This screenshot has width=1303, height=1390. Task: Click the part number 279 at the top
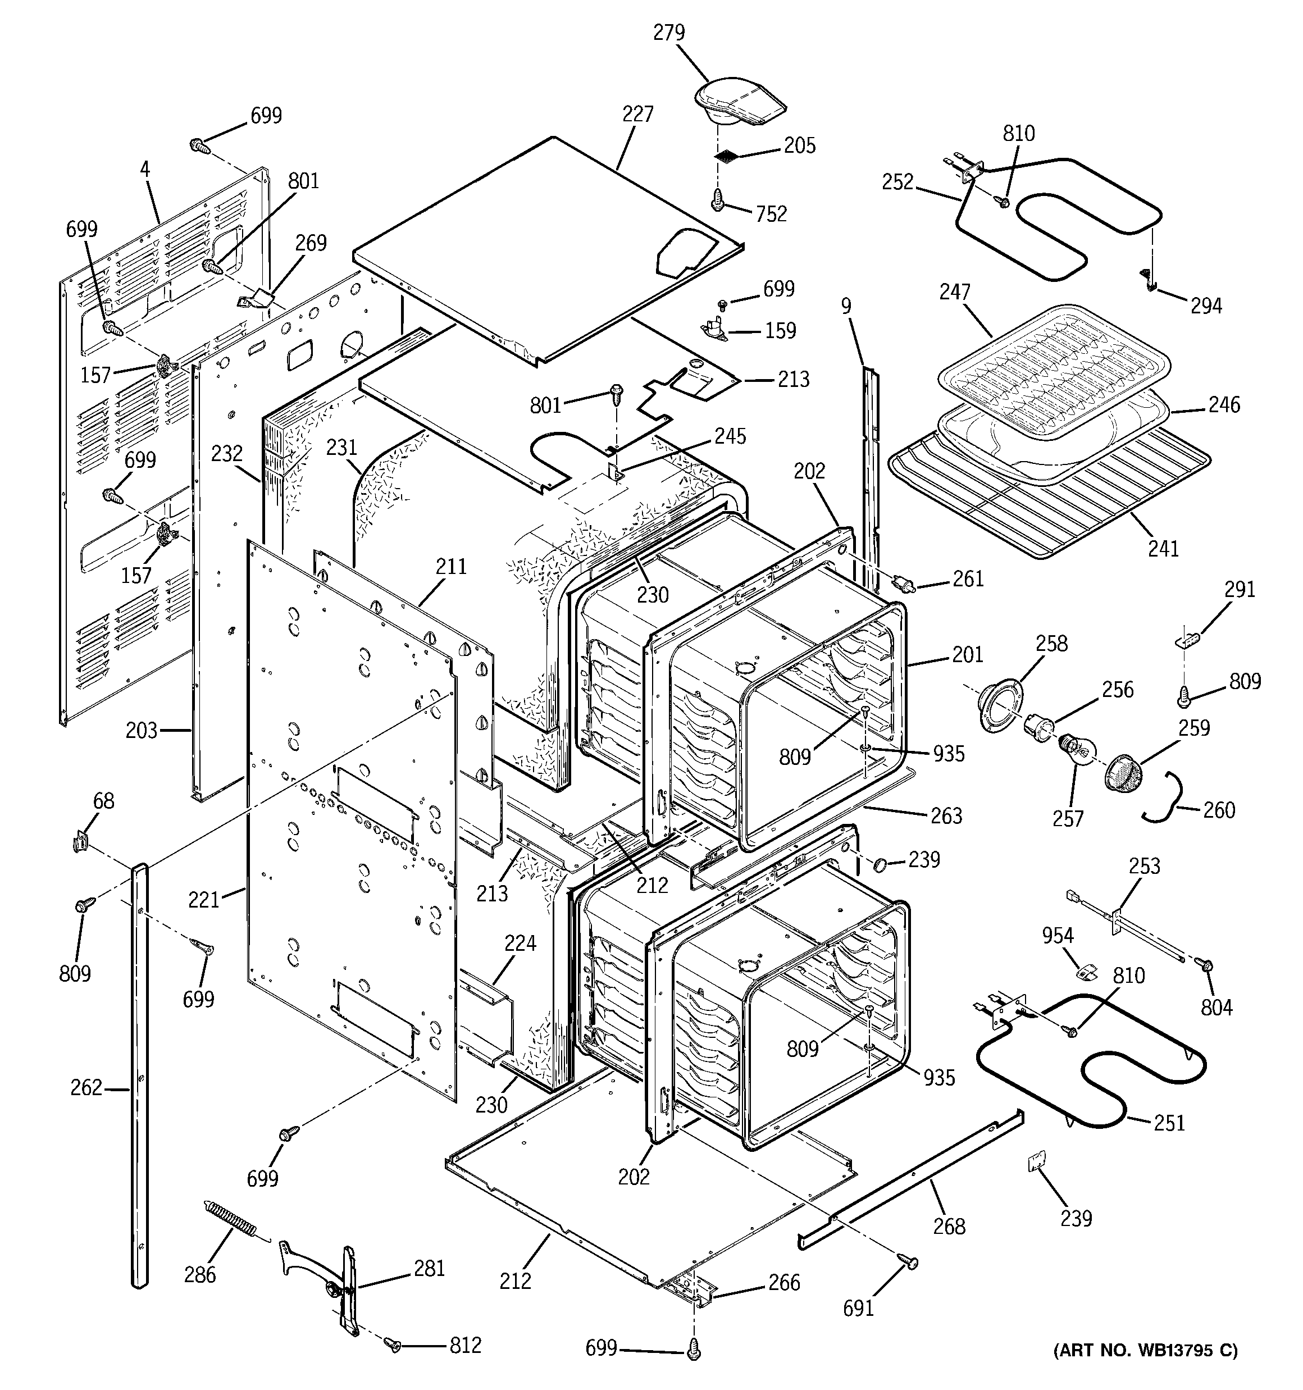[669, 33]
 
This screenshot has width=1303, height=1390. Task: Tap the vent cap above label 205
[738, 108]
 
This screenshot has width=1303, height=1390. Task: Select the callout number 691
[858, 1307]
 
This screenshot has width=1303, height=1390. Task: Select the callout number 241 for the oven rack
[1163, 549]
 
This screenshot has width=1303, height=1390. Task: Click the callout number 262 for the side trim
[86, 1087]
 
